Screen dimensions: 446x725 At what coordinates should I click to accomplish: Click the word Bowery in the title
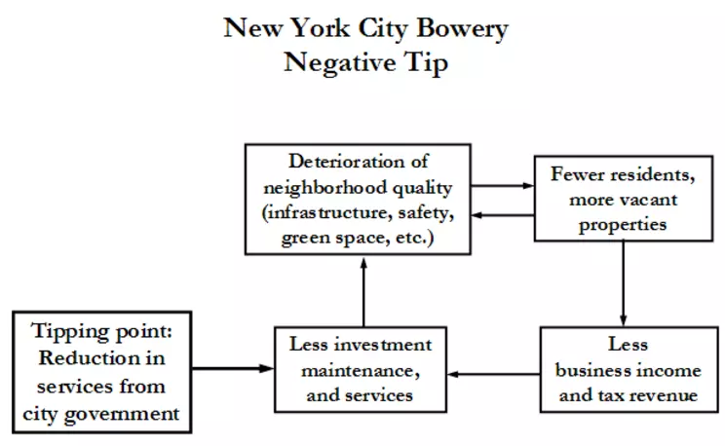[462, 28]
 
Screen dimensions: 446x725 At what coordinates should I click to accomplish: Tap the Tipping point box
[100, 371]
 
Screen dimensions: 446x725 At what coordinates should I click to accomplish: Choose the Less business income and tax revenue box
[624, 370]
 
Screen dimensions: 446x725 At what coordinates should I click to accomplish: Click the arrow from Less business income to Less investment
[494, 373]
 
